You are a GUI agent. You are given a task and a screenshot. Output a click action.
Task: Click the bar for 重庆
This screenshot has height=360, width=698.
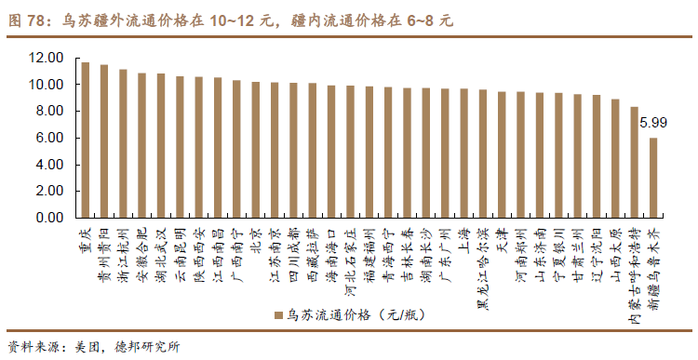tap(86, 140)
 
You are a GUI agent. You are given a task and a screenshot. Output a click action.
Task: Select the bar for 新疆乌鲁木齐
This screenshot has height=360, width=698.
tap(653, 178)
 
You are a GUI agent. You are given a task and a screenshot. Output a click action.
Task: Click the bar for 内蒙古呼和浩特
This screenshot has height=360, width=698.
tap(634, 162)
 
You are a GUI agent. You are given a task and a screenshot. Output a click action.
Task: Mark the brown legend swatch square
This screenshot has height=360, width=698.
tap(277, 316)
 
